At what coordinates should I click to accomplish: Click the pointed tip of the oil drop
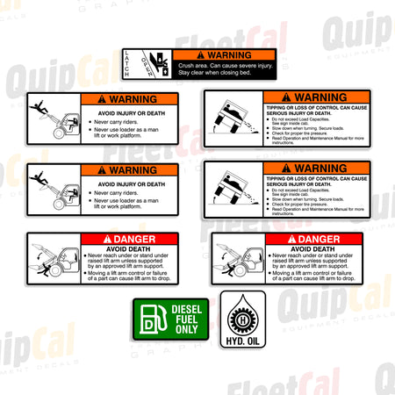click(x=241, y=298)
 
